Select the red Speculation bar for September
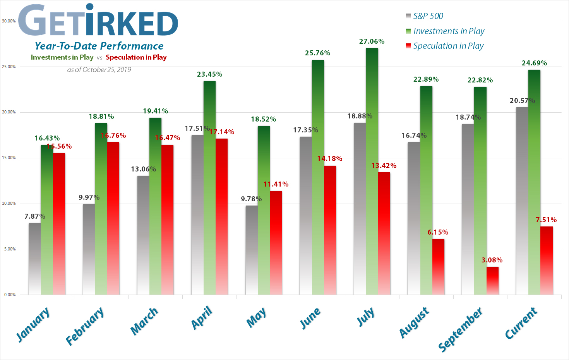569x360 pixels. click(493, 281)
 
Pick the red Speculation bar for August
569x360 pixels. click(439, 267)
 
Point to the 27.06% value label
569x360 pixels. click(372, 41)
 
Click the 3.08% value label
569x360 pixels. click(492, 260)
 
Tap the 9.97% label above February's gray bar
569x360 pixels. click(89, 197)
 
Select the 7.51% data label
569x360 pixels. click(546, 220)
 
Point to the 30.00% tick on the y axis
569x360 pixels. click(9, 21)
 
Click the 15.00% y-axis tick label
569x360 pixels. click(9, 158)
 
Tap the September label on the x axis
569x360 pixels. click(460, 329)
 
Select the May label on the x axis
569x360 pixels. click(256, 317)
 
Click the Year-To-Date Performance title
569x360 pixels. click(99, 46)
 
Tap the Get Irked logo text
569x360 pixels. click(98, 22)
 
